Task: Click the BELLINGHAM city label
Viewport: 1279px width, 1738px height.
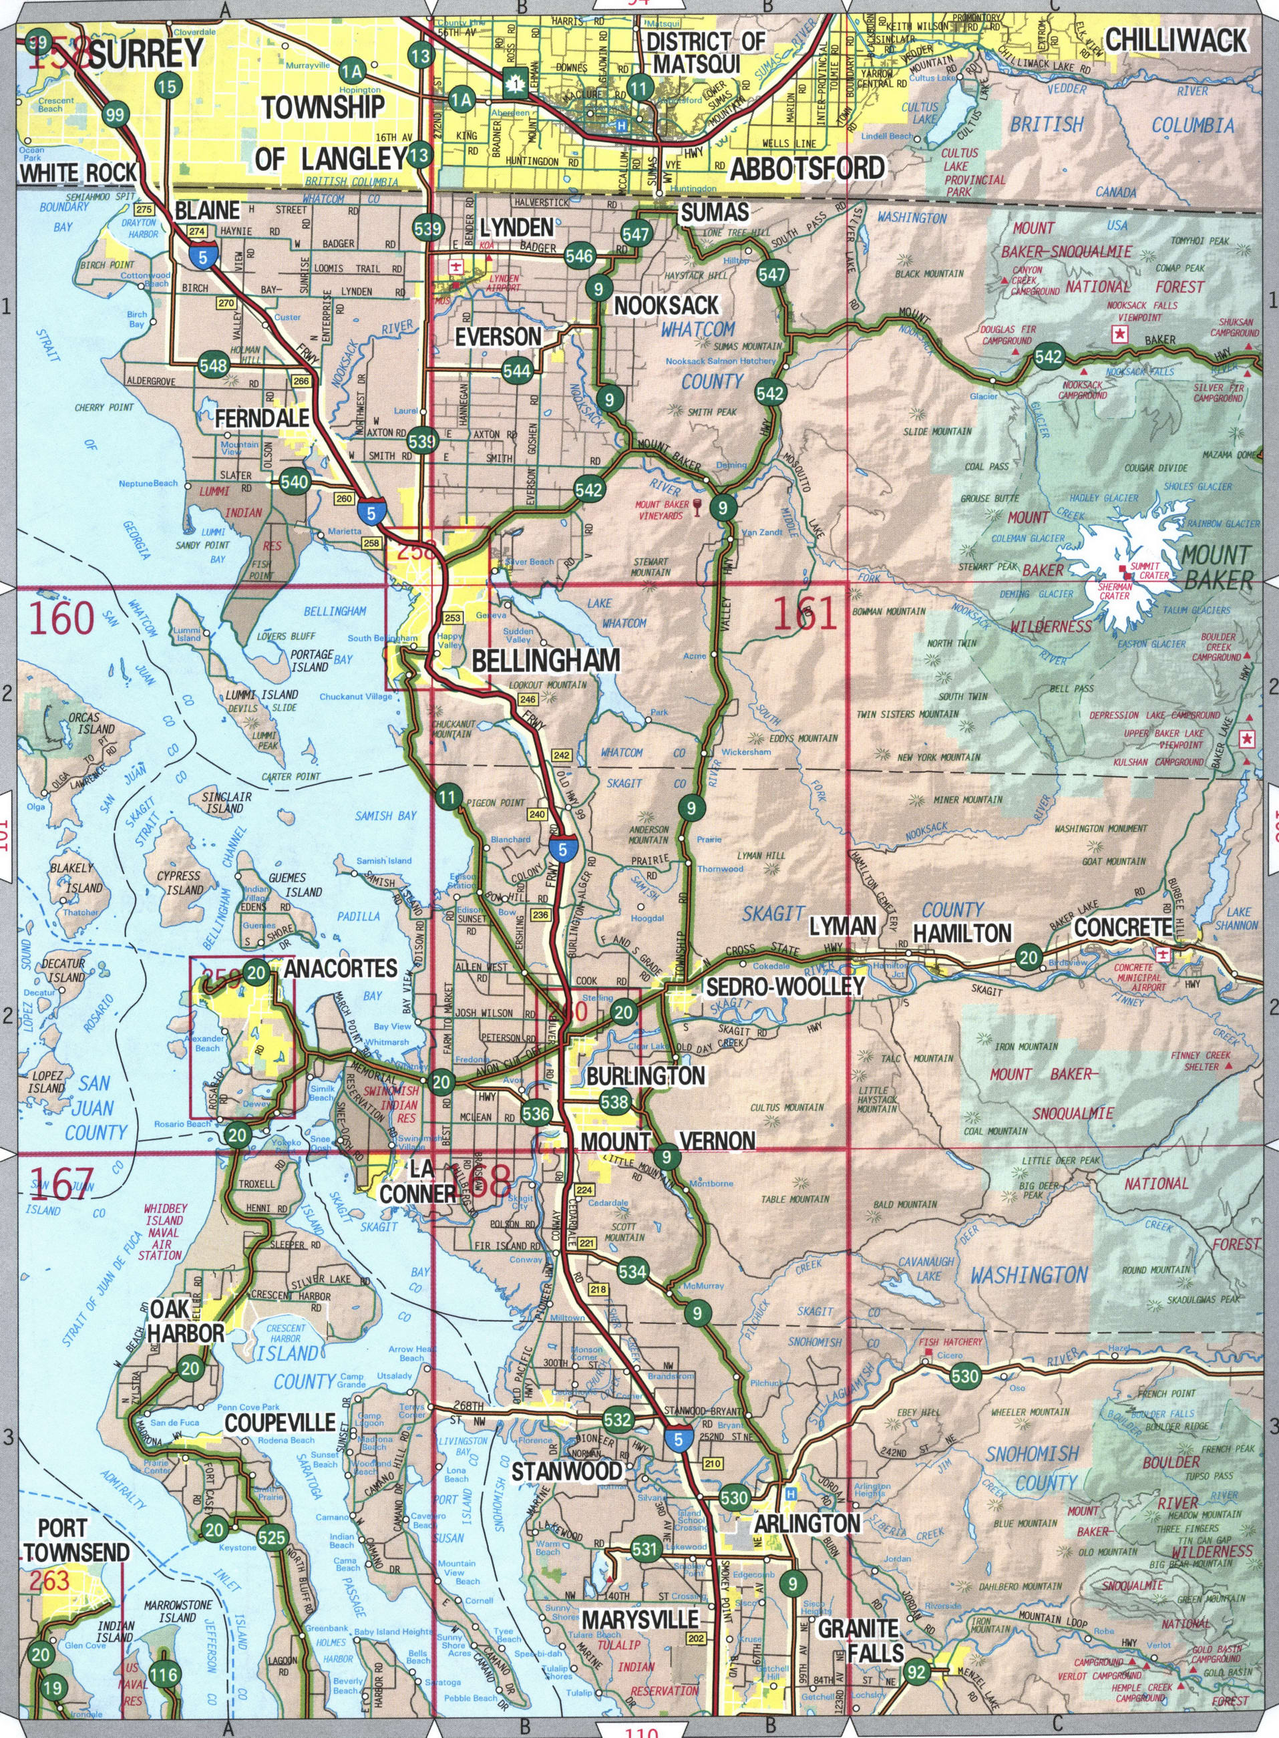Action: point(546,659)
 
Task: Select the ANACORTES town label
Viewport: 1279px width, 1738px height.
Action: point(341,969)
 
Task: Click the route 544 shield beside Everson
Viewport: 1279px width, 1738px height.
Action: point(517,371)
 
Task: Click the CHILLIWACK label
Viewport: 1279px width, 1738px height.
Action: point(1176,40)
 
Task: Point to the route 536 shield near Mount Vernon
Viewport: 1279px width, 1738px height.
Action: point(536,1114)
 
